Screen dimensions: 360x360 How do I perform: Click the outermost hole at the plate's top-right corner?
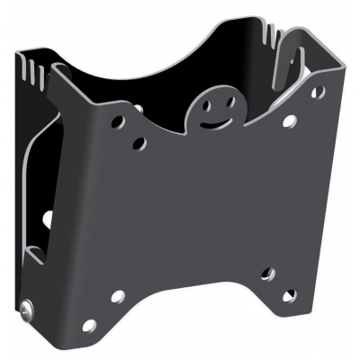[316, 92]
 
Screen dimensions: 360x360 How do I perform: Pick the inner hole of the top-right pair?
[288, 120]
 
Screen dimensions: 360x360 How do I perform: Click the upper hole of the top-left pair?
[119, 121]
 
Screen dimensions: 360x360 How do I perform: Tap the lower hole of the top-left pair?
[139, 143]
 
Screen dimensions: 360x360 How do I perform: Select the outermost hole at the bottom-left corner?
[88, 324]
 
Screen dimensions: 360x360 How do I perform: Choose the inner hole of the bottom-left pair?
[117, 295]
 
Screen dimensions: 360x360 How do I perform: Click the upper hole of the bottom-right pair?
[266, 274]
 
